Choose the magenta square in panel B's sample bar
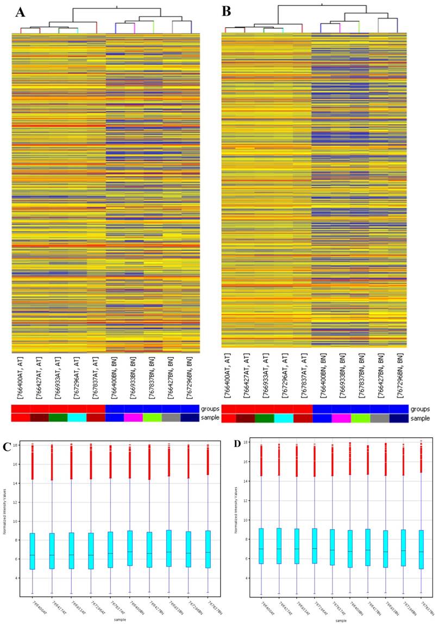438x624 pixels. click(x=341, y=418)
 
